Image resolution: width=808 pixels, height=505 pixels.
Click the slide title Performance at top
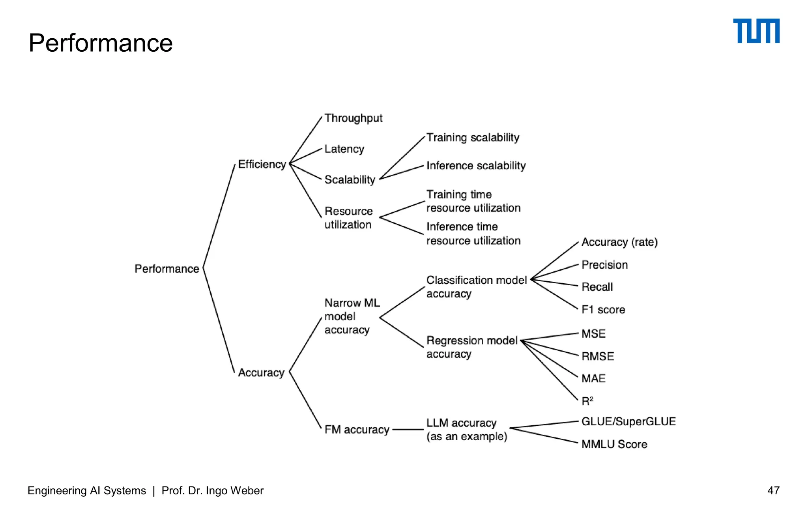[101, 43]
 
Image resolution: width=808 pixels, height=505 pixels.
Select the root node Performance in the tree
[166, 269]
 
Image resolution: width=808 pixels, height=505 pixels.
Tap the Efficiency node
[262, 164]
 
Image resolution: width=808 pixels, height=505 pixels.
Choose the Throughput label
[353, 118]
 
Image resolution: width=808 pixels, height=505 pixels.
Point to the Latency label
[344, 149]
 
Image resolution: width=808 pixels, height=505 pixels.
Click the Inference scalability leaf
[476, 165]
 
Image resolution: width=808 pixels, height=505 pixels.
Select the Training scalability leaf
[473, 137]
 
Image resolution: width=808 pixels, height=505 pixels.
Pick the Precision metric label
[604, 265]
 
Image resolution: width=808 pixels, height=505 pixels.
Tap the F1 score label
[603, 310]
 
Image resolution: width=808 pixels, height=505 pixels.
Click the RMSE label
[597, 356]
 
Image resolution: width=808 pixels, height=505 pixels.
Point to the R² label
[587, 401]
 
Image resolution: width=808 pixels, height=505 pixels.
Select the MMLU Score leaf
[614, 444]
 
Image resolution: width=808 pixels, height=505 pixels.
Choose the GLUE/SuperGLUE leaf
[628, 421]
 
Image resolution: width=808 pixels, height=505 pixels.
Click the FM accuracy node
[357, 429]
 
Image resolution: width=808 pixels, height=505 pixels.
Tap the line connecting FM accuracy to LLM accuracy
[408, 429]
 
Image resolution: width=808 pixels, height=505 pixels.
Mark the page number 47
[773, 490]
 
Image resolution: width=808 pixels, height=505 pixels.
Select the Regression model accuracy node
[471, 347]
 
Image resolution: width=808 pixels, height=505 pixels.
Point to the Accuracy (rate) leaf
[619, 242]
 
